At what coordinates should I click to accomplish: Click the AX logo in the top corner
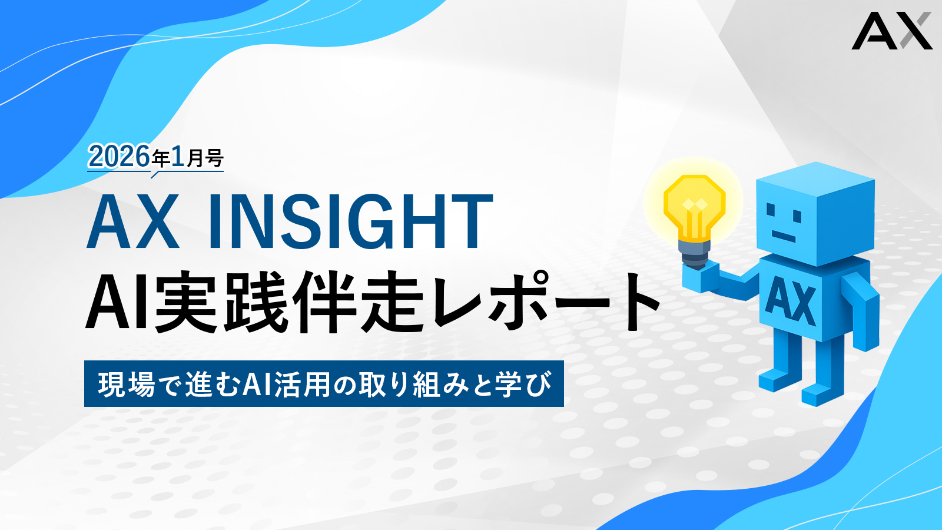point(891,31)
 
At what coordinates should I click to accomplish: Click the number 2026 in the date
point(119,157)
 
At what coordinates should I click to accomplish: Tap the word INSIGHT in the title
point(350,221)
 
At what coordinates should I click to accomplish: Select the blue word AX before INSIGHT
point(133,221)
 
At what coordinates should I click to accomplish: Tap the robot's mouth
point(784,236)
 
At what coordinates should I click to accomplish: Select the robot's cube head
point(815,213)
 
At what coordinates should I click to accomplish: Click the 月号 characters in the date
point(204,159)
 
